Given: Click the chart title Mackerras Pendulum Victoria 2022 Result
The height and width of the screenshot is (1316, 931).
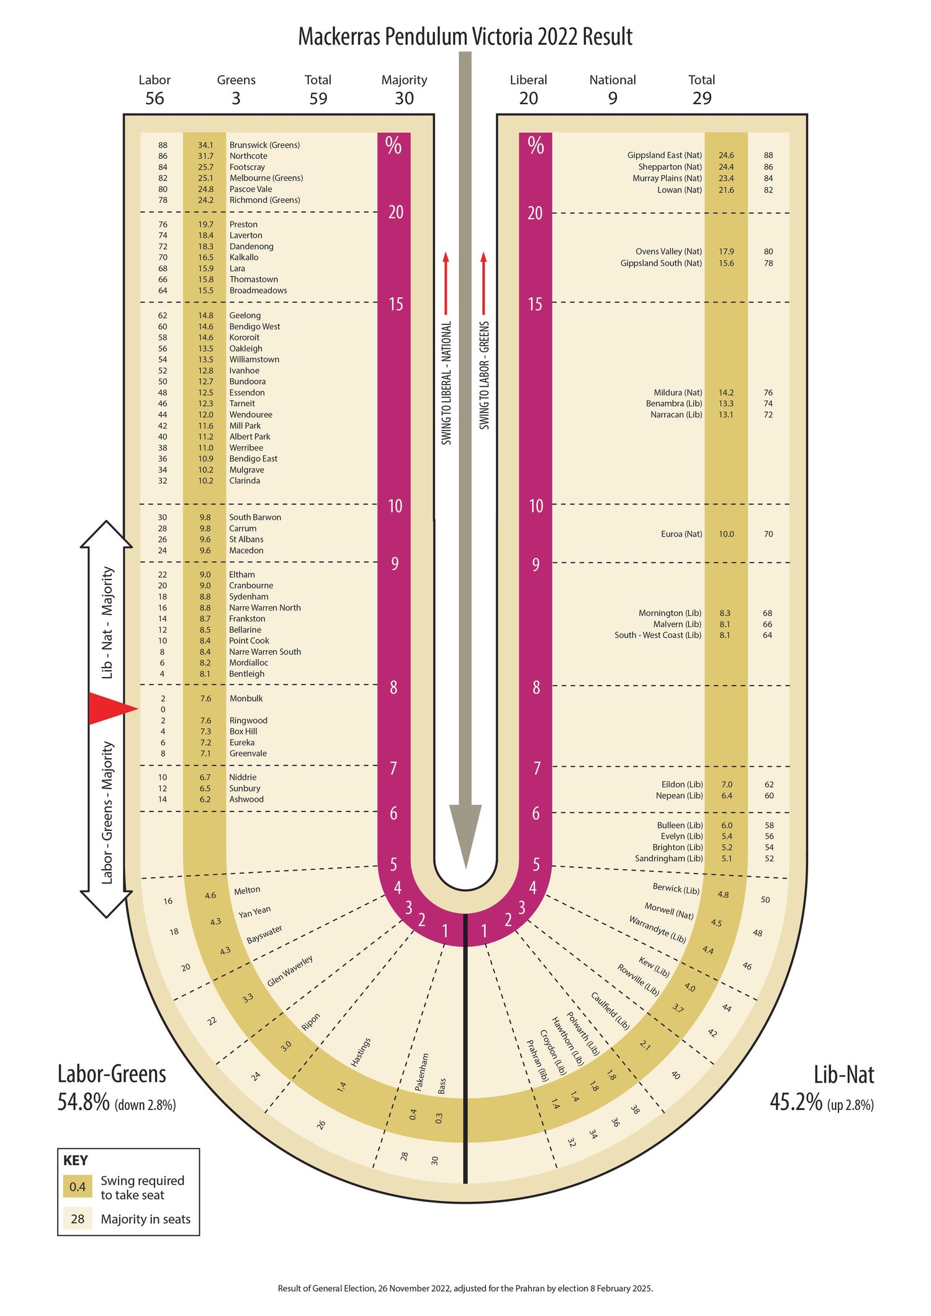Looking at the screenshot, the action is click(465, 37).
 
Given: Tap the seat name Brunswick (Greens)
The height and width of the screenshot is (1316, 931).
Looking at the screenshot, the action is click(264, 145).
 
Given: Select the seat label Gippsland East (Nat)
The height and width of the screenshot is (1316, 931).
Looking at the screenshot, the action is click(665, 155).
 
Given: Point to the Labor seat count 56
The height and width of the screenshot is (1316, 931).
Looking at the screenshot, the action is click(155, 98).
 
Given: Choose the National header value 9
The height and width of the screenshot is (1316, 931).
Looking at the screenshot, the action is click(613, 98).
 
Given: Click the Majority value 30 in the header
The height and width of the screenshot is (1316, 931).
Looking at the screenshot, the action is click(404, 98).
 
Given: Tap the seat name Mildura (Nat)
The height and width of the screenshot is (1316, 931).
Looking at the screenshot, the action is click(678, 393).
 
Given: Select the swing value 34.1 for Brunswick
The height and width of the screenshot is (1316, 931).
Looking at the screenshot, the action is click(205, 145).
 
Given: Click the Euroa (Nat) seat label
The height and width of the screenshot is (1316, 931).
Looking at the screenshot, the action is click(681, 534).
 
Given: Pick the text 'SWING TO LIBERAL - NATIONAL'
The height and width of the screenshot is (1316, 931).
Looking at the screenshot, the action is click(446, 383).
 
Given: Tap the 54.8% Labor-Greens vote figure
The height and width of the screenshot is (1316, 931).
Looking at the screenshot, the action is click(84, 1102).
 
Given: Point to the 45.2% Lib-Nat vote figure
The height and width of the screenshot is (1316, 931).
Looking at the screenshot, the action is click(796, 1102).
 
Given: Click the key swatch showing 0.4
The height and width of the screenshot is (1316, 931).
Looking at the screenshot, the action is click(78, 1187).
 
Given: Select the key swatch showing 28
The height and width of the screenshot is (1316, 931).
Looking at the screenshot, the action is click(78, 1219).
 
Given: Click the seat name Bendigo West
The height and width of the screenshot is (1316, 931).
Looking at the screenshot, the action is click(254, 326).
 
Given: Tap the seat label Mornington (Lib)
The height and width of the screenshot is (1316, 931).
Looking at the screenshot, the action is click(670, 613).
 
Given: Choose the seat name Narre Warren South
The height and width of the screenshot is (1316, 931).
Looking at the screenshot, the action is click(265, 651).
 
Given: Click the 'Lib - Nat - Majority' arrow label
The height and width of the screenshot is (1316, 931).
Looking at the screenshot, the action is click(107, 622).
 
